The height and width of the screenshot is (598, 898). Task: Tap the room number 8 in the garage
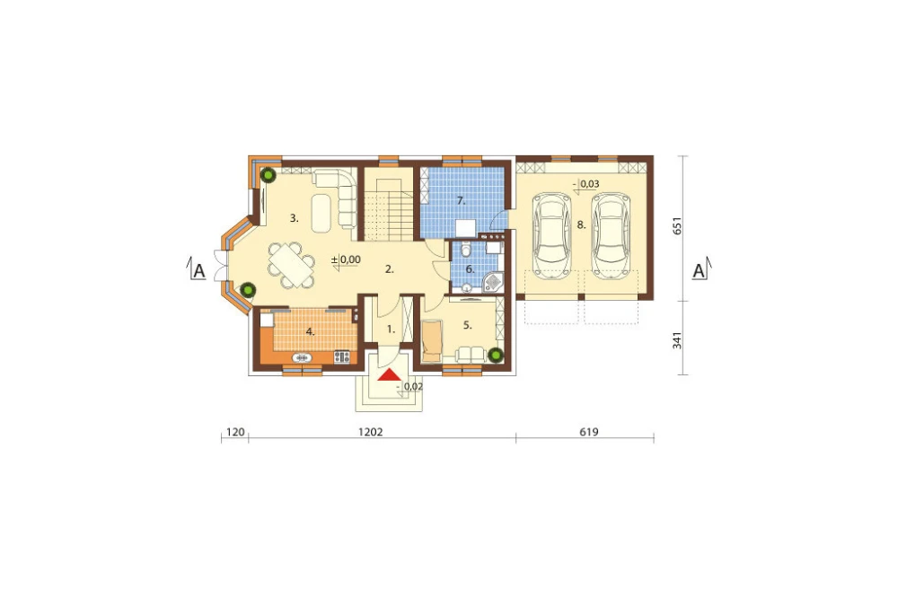[581, 225]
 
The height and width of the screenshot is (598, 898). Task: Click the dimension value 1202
[371, 432]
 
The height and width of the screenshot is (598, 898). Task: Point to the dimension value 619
[589, 432]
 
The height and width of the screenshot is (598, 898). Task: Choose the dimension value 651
[677, 227]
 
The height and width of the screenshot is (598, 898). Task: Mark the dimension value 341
[677, 339]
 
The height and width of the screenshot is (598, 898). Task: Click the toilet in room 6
[465, 251]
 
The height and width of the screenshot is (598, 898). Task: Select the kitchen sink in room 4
[303, 357]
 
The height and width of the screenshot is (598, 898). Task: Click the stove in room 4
[342, 356]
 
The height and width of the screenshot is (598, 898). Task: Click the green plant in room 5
[496, 356]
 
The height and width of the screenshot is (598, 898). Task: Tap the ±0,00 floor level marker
[346, 260]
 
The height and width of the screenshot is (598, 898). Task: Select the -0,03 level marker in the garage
[585, 184]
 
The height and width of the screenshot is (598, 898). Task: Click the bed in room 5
[432, 341]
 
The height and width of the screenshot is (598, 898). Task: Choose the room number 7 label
[461, 201]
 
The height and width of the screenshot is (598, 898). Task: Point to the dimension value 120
[235, 432]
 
